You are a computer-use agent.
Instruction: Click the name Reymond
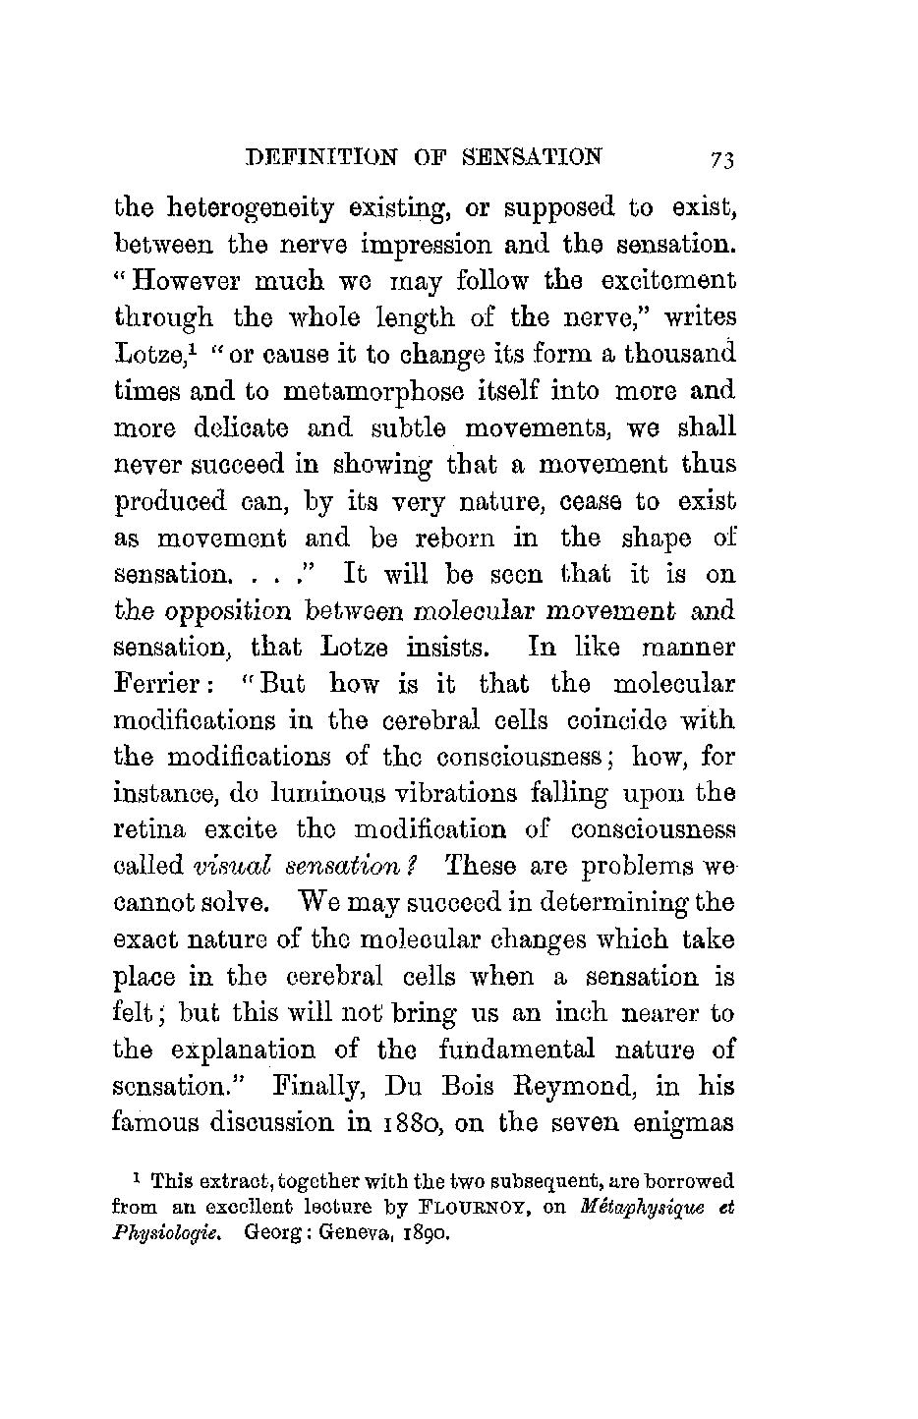pos(567,1087)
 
